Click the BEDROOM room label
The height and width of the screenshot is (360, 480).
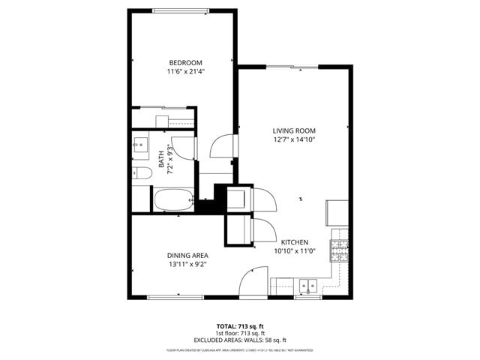(x=185, y=62)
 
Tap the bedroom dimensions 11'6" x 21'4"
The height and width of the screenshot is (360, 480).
(x=185, y=71)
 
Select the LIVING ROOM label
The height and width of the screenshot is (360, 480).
(x=293, y=130)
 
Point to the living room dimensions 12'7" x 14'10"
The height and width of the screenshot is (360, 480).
(x=293, y=139)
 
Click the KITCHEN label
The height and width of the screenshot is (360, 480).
(x=295, y=242)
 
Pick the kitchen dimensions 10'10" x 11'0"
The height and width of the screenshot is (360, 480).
(x=295, y=251)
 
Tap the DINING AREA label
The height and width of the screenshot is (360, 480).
(x=187, y=256)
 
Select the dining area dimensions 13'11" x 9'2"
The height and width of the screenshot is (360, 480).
(x=187, y=265)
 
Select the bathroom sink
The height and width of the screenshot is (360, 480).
(x=141, y=145)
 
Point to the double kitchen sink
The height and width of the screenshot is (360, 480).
(x=307, y=285)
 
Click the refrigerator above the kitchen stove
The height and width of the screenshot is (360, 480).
(x=337, y=213)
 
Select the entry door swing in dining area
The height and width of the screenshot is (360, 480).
(x=251, y=283)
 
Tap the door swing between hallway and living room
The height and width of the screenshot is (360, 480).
(x=223, y=145)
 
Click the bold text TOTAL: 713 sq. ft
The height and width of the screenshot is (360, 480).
(x=240, y=326)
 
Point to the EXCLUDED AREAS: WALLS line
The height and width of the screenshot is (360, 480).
(x=240, y=340)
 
